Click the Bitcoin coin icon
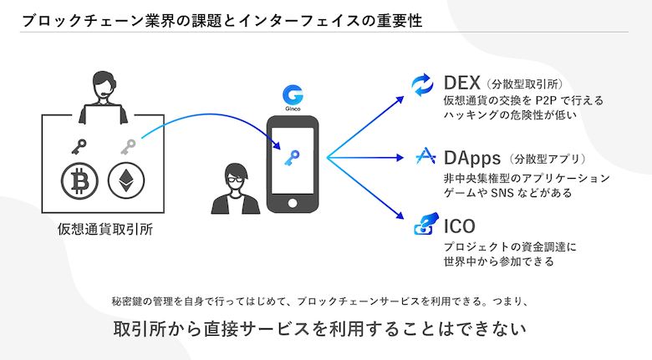pos(80,180)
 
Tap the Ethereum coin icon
pos(126,180)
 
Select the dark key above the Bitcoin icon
pos(79,147)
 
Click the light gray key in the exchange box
pos(128,147)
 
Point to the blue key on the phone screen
pos(293,158)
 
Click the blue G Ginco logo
pos(293,95)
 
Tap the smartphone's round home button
pos(293,203)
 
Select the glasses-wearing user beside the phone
pos(236,188)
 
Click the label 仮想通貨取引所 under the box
pos(105,229)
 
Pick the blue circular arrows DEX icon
pos(422,85)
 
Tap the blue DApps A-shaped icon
pos(425,156)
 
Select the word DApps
pos(472,159)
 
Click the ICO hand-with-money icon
pos(426,224)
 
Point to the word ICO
pos(460,226)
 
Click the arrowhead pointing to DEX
pos(400,99)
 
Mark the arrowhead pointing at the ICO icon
pos(400,215)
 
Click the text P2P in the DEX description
pos(546,100)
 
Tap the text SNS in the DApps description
pos(502,193)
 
